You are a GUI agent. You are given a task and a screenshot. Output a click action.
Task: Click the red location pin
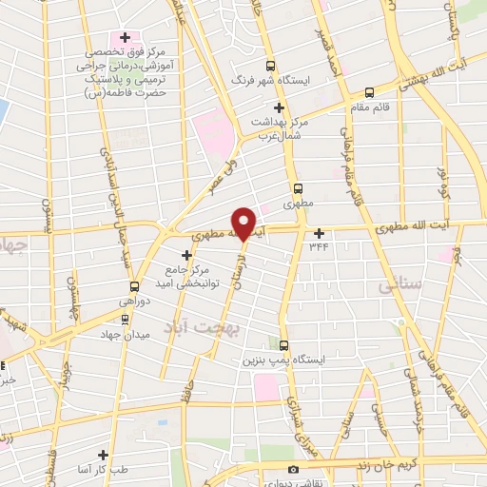(x=243, y=222)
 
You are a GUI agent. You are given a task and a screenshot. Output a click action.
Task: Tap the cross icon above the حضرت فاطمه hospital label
(x=126, y=37)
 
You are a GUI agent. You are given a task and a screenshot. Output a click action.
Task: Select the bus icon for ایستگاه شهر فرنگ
(x=271, y=67)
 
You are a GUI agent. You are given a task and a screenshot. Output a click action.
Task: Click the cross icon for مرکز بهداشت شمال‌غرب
(x=280, y=107)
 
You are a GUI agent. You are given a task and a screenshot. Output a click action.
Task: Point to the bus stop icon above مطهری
(x=299, y=187)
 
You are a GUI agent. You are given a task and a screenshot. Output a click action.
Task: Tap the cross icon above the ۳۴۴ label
(x=319, y=232)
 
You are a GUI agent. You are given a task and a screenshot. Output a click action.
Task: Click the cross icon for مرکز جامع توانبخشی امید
(x=186, y=255)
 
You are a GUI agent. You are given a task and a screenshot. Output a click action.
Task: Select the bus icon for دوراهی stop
(x=134, y=285)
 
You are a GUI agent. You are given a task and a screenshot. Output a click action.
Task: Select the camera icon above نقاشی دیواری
(x=293, y=469)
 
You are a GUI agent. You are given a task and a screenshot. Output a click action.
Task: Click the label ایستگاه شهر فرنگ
(x=313, y=67)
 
